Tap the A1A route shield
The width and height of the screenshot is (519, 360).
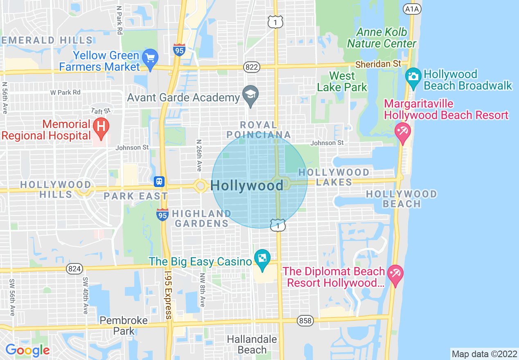[412, 8]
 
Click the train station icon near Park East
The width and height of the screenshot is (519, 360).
[159, 181]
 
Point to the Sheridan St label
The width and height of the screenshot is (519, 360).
[378, 64]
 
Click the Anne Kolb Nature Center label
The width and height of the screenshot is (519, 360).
[381, 38]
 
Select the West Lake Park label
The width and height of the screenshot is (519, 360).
[342, 81]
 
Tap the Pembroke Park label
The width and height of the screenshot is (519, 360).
[124, 325]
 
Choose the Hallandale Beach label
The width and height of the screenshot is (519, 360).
[252, 344]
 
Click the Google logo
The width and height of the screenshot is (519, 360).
[27, 350]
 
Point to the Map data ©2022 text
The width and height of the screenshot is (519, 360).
[484, 354]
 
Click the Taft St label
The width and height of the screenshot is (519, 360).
[101, 111]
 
